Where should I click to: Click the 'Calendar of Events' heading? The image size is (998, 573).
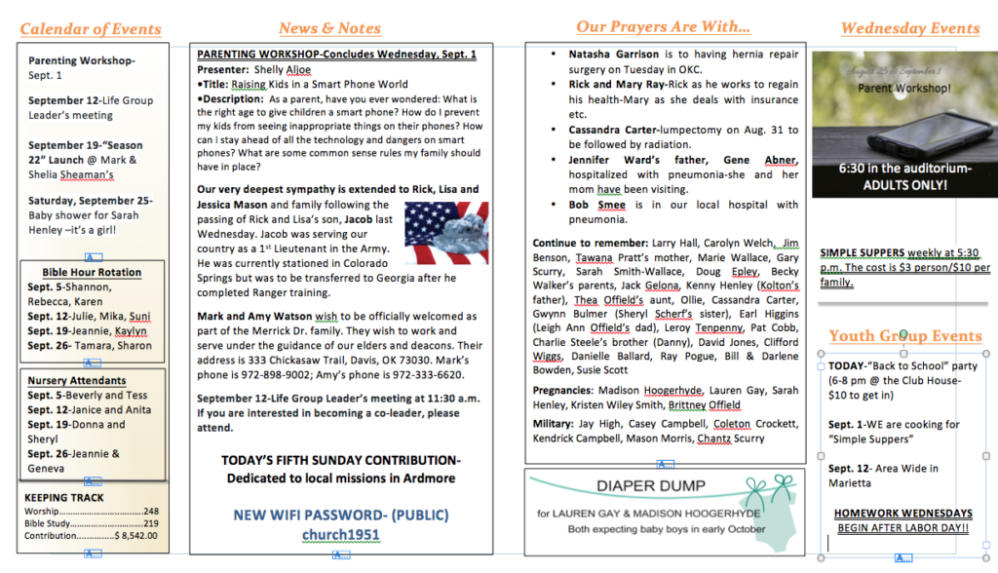90,29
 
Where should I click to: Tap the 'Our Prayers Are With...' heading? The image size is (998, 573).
663,27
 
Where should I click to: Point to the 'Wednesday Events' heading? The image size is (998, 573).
909,29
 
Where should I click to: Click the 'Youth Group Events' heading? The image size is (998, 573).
905,337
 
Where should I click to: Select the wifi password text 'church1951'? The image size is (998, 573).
341,535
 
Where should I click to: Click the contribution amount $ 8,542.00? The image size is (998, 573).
136,536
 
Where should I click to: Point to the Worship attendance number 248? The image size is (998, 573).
150,511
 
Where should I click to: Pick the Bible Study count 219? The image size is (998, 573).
150,523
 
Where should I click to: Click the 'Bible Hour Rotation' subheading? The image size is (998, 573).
92,272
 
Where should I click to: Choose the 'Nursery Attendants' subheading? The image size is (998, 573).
77,380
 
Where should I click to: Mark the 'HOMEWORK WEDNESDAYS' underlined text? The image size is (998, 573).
902,514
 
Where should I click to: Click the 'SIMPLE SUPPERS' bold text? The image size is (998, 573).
863,253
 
